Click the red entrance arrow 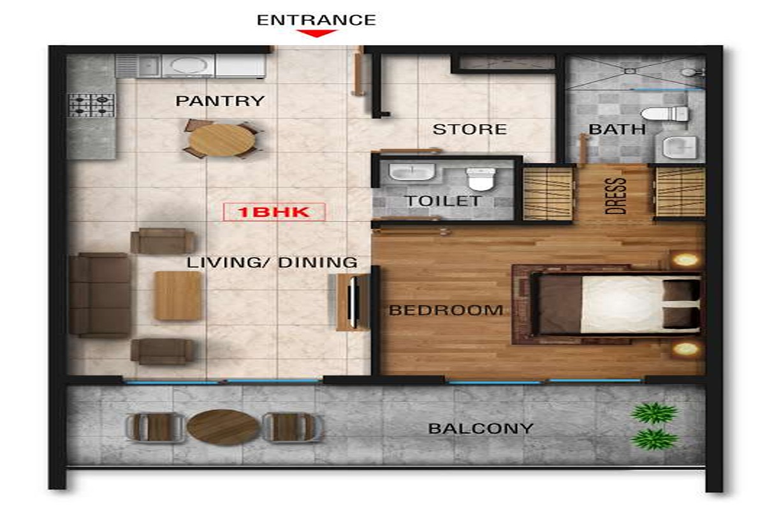coord(317,33)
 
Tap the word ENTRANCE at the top coord(316,20)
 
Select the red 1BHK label coord(274,212)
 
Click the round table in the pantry coord(222,140)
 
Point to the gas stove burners coord(91,106)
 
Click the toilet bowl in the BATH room coord(664,113)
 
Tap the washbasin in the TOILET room coord(412,171)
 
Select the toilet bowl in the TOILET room coord(481,178)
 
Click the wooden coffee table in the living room coord(178,296)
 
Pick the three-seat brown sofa coord(99,295)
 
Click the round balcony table coord(223,427)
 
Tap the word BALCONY coord(481,428)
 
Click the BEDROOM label coord(446,310)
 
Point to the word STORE coord(470,129)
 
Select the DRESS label coord(616,196)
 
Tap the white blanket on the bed coord(622,304)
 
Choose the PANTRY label coord(221,101)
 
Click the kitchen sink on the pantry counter coord(149,65)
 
